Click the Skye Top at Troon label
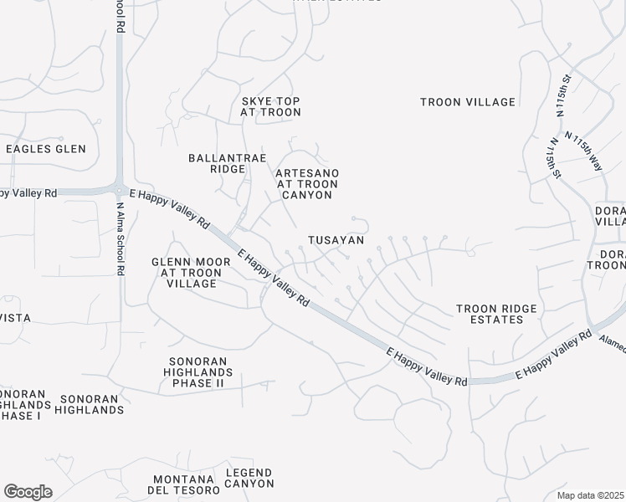tap(269, 106)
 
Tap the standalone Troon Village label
tap(468, 102)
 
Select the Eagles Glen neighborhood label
tap(46, 149)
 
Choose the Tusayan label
tap(336, 240)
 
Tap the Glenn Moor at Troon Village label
tap(191, 273)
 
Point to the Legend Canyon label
tap(249, 478)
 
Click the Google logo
tap(28, 491)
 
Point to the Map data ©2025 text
tap(590, 495)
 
